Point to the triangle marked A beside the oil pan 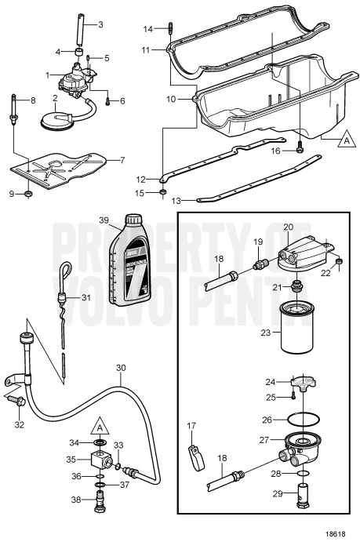click(343, 141)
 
